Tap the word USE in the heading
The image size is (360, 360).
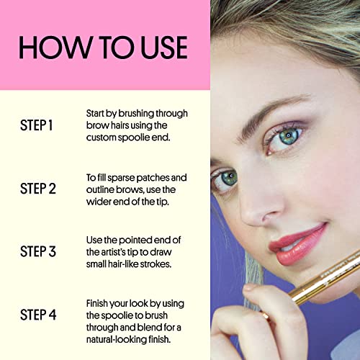click(163, 48)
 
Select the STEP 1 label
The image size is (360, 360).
click(36, 125)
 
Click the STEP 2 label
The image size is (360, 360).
click(38, 189)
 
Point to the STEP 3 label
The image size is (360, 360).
click(38, 251)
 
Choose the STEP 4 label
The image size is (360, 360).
click(38, 315)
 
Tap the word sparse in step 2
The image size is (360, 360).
click(121, 178)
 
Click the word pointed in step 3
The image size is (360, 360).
click(135, 240)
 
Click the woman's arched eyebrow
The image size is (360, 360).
click(266, 113)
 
